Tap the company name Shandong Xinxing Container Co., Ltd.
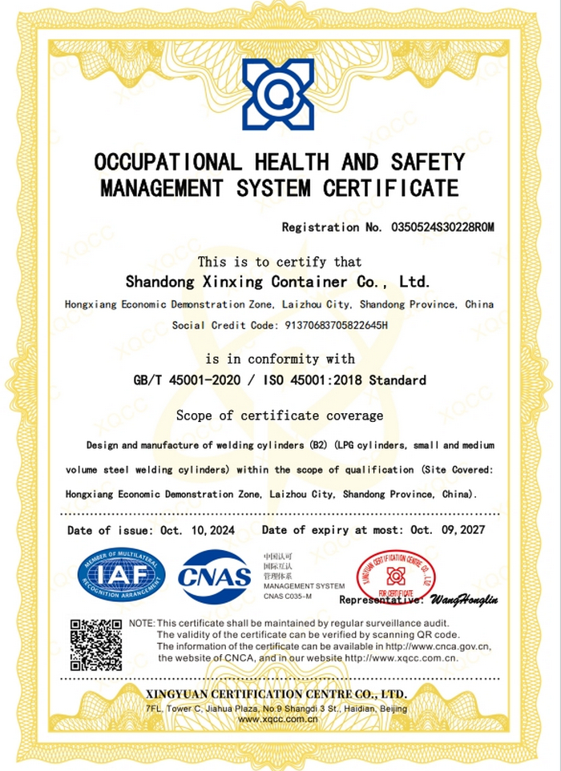tap(279, 282)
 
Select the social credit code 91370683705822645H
tap(332, 325)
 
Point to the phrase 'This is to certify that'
tap(280, 262)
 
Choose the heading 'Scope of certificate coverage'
tap(280, 416)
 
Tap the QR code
tap(96, 645)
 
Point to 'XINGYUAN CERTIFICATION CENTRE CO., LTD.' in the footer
tap(276, 693)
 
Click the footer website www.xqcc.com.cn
tap(279, 719)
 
